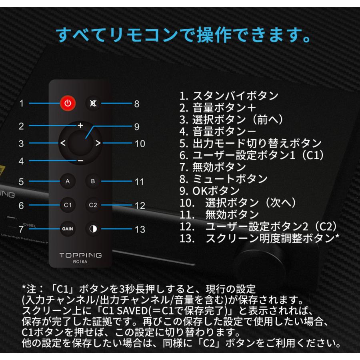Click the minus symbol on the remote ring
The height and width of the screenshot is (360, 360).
tap(80, 161)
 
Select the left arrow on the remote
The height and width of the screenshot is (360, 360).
tap(63, 143)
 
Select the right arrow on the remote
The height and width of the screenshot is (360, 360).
tap(98, 143)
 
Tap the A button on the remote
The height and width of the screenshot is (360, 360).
tap(68, 181)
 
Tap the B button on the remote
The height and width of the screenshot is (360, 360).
tap(93, 181)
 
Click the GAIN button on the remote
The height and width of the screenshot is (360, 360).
tap(68, 229)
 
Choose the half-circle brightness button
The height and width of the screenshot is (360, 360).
tap(93, 229)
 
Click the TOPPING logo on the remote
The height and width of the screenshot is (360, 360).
tap(80, 255)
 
